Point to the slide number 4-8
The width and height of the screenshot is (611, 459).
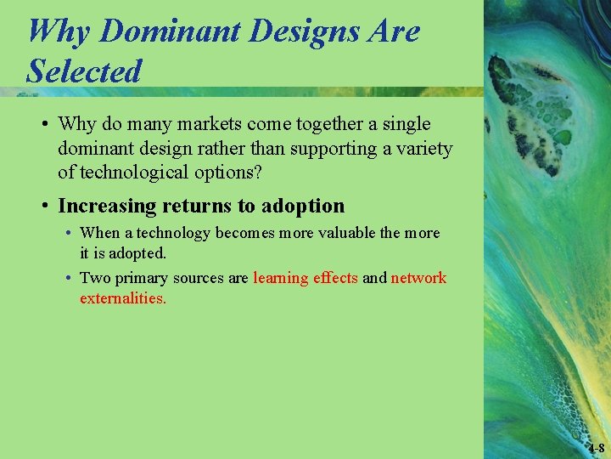point(596,448)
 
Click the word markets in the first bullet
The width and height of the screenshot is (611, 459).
point(206,124)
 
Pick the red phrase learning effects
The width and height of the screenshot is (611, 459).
point(305,278)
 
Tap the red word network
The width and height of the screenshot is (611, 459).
point(418,278)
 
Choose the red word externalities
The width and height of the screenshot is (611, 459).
point(122,298)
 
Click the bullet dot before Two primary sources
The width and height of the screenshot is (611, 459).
point(68,278)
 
